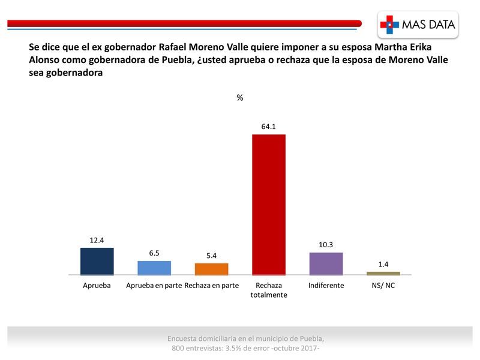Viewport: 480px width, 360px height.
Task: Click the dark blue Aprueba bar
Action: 97,261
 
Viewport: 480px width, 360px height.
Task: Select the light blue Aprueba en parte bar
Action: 154,268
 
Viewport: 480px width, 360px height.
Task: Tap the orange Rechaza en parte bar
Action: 211,269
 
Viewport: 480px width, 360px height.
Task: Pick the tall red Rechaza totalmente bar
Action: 268,204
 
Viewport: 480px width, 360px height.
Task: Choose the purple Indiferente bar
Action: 326,263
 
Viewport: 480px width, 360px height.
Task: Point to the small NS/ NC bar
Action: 383,273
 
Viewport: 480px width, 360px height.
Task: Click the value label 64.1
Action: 268,127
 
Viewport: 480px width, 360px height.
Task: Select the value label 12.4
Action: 97,241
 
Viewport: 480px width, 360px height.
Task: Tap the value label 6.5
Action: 154,254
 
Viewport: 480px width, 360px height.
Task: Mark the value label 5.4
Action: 211,256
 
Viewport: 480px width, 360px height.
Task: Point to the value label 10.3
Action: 326,245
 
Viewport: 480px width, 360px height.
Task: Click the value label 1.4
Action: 383,265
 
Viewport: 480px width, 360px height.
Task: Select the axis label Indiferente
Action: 326,286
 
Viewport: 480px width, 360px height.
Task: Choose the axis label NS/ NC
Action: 383,286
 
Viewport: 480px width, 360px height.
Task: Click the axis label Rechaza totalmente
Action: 268,290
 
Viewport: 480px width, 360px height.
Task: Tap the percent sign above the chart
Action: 240,98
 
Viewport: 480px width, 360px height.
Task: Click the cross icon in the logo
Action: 389,25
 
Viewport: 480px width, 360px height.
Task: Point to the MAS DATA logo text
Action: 428,25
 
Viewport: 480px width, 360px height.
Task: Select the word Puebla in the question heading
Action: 178,61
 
